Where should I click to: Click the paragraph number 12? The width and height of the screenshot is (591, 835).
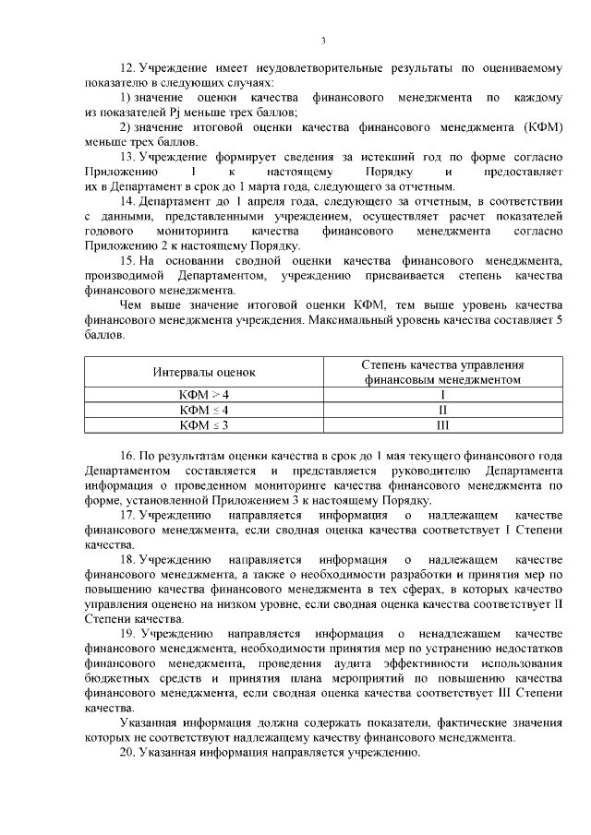click(129, 70)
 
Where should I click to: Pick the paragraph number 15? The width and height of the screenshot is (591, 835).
click(129, 261)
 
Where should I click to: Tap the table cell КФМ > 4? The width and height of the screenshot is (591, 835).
click(204, 393)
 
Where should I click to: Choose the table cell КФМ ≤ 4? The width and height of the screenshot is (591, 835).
click(204, 409)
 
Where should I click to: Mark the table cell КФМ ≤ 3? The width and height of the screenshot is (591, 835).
click(204, 424)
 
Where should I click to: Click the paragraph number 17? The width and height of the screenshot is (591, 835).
click(129, 515)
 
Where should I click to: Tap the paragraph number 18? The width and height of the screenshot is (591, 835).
click(129, 559)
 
